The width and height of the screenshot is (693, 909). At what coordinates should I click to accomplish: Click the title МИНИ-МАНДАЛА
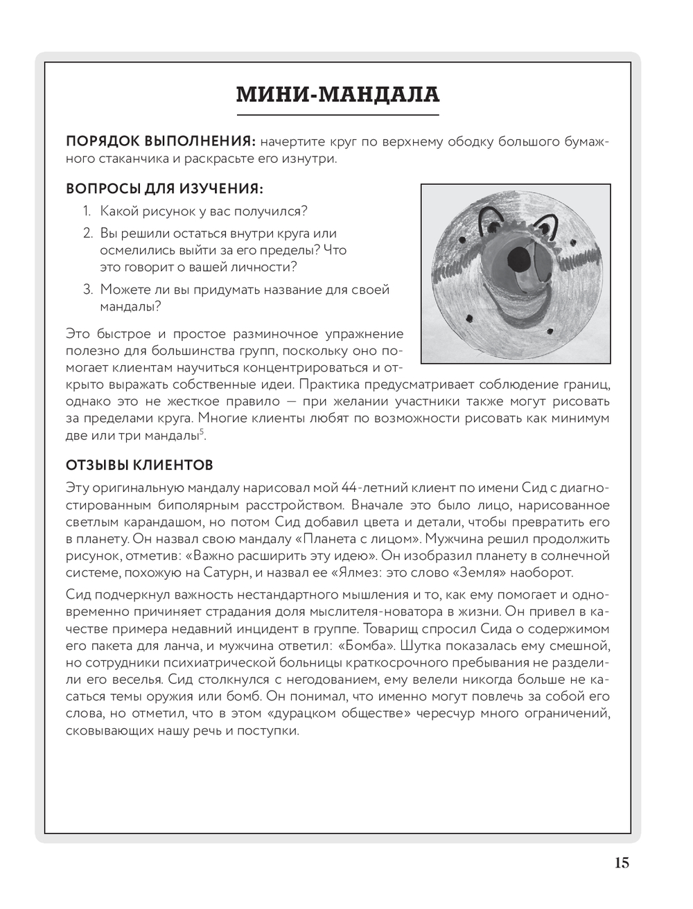tap(337, 95)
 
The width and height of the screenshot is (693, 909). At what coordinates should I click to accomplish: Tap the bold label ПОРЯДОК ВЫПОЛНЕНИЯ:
tap(161, 142)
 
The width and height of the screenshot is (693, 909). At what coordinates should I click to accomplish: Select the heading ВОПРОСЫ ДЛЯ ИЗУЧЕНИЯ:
tap(164, 188)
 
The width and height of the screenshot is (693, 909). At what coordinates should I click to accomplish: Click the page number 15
tap(621, 863)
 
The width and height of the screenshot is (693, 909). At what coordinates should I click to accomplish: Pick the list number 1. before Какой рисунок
tap(88, 211)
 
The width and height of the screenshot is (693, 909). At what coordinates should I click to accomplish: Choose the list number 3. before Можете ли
tap(88, 290)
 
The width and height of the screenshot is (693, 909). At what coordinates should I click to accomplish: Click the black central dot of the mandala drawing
tap(516, 260)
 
